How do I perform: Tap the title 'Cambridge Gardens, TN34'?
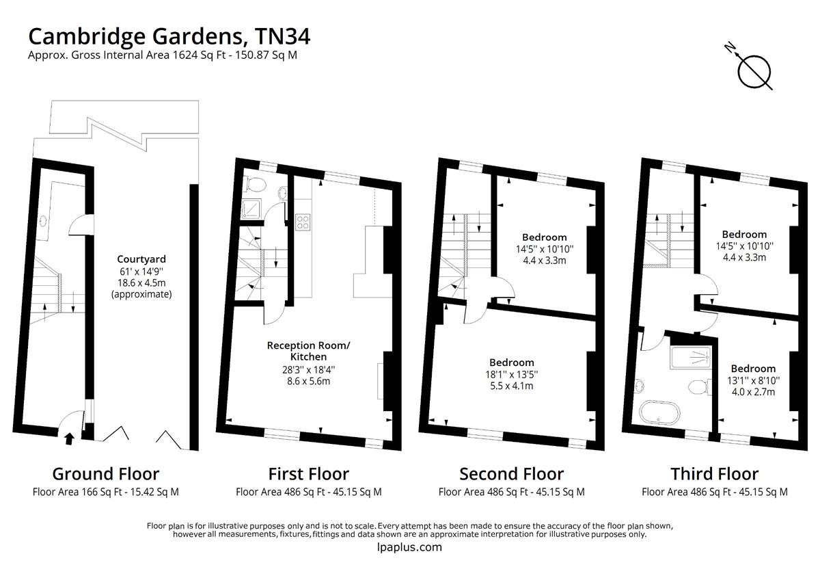point(169,35)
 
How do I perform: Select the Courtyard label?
point(141,259)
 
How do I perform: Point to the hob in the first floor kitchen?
point(303,221)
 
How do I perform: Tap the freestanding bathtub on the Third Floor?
point(659,412)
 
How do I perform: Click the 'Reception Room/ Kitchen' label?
point(308,351)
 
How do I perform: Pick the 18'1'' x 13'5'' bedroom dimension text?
point(512,374)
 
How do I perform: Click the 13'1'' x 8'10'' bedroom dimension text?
point(753,380)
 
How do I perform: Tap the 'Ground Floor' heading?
point(106,474)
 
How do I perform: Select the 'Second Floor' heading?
point(511,474)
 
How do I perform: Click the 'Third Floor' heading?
point(714,474)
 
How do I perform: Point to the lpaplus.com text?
point(409,547)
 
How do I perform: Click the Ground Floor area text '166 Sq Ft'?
point(105,492)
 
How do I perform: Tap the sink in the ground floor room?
point(44,221)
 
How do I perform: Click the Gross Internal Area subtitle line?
point(162,56)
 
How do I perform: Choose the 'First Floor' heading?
point(308,474)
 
